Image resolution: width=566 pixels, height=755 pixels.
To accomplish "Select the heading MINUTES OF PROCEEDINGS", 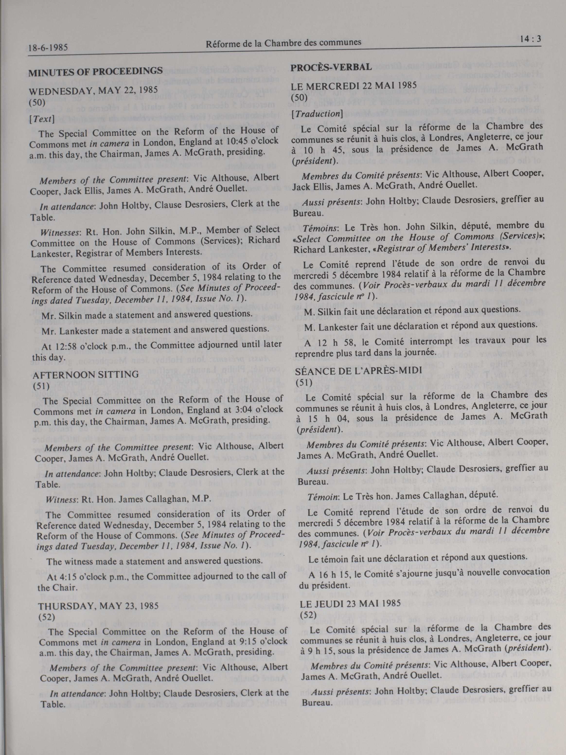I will [x=96, y=72].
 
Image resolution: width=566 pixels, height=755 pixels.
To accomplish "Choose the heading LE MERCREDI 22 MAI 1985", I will [x=354, y=86].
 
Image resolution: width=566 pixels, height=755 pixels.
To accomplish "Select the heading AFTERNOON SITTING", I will [x=86, y=374].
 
